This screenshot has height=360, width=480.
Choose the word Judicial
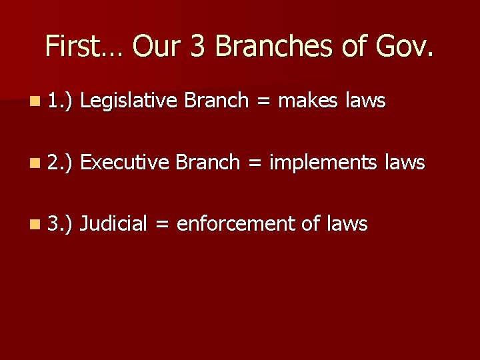tap(113, 224)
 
